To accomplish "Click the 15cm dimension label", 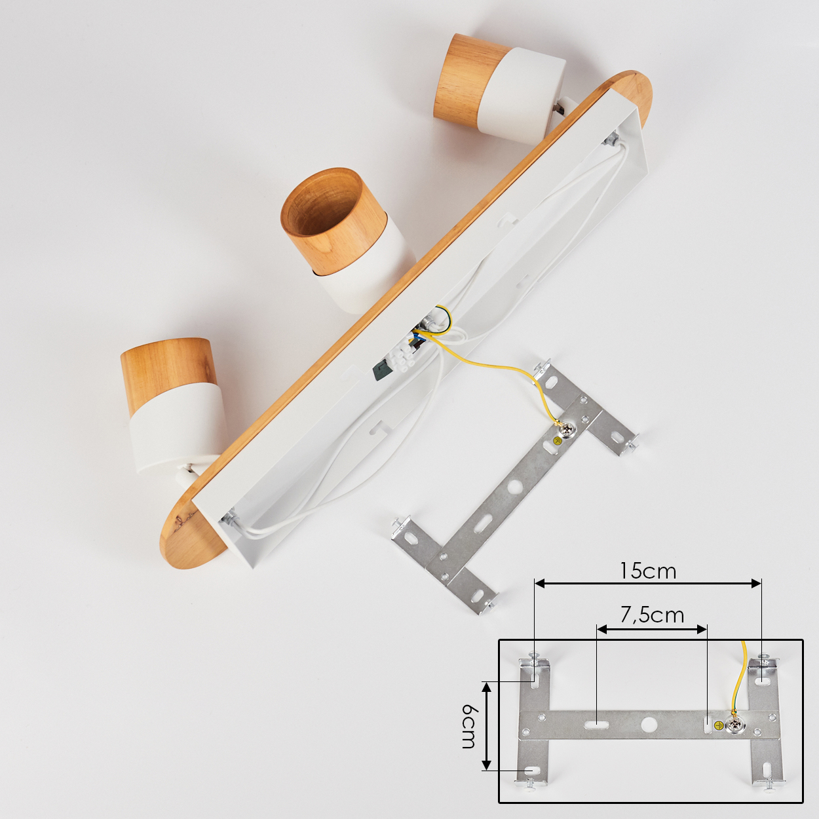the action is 648,571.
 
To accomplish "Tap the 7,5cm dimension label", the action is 653,615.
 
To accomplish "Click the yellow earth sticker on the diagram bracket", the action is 718,725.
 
